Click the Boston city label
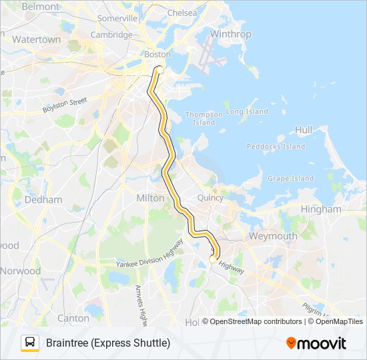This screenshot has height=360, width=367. point(157,54)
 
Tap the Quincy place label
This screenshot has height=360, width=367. point(211,198)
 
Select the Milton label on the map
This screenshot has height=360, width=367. point(150,198)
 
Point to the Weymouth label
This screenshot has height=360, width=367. point(272,236)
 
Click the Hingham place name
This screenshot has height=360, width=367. point(321,209)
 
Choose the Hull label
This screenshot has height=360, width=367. point(303,130)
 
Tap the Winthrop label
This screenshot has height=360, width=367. point(230,34)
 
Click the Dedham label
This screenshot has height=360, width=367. point(43,199)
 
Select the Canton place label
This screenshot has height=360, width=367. point(73,318)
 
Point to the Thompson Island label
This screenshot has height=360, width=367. point(200,118)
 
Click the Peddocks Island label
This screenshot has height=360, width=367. point(276,147)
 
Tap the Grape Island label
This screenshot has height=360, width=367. point(290,178)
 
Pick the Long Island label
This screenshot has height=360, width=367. point(247,111)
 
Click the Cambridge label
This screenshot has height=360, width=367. point(111,35)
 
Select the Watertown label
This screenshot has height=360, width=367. point(37,40)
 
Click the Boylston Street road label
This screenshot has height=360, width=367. point(65,105)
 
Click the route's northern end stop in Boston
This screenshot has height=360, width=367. point(159,69)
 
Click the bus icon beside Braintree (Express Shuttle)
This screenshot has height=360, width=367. point(30,343)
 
